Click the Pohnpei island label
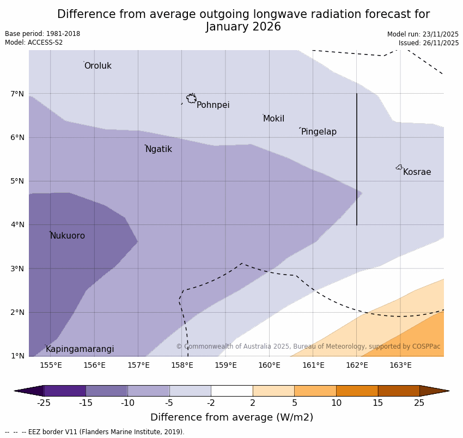[x=213, y=105]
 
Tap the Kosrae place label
[x=417, y=172]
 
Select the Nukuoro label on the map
[x=68, y=236]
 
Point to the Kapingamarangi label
[x=80, y=349]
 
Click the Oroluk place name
[x=98, y=66]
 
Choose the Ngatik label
[x=159, y=149]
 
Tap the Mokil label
[x=273, y=119]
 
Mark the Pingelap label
[x=319, y=132]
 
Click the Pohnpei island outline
[x=191, y=99]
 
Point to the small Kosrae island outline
[x=399, y=167]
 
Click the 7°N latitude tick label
[x=17, y=94]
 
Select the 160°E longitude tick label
[x=269, y=365]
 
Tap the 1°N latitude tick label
[x=17, y=356]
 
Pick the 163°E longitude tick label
[x=400, y=365]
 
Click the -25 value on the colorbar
[x=44, y=403]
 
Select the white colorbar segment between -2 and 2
[x=231, y=391]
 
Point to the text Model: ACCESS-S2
[x=34, y=42]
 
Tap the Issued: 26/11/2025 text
[x=428, y=43]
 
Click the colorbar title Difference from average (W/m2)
[x=231, y=417]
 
